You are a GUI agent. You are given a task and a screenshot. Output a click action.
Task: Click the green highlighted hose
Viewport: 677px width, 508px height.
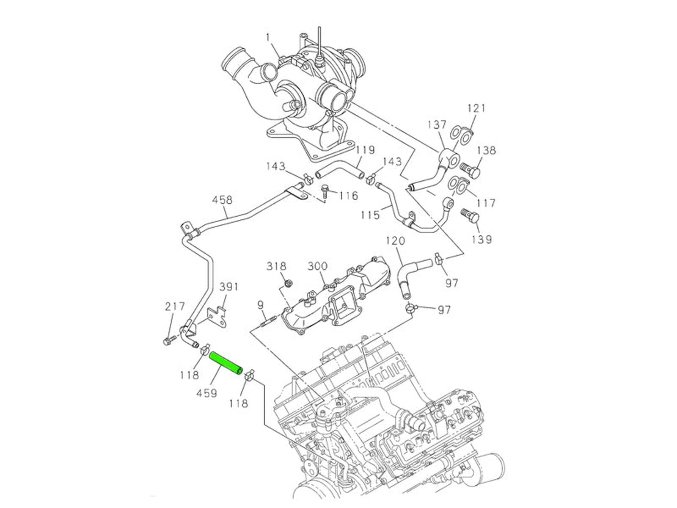click(x=227, y=364)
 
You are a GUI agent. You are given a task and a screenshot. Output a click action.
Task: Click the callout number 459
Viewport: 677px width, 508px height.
click(x=207, y=393)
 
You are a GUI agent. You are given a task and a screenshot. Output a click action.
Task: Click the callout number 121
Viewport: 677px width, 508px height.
click(x=476, y=108)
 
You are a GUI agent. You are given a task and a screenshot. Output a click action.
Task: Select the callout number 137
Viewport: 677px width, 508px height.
click(x=436, y=125)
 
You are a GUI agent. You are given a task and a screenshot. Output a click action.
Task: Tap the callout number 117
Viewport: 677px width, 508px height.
click(x=483, y=203)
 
